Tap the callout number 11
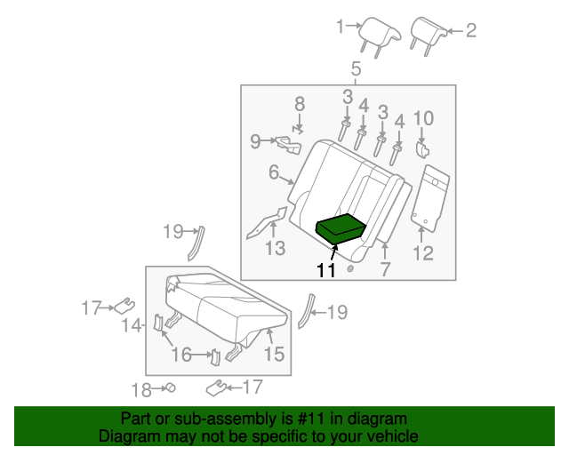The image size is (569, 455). [x=326, y=272]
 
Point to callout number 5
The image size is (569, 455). [x=355, y=69]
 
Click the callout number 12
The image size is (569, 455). [x=422, y=253]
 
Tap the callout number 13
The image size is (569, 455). [x=276, y=248]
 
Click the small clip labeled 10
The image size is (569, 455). [x=422, y=154]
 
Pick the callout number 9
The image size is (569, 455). [x=255, y=140]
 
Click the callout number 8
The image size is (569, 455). [x=300, y=103]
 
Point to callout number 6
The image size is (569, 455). [x=274, y=173]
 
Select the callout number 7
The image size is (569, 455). [x=384, y=269]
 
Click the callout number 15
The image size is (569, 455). [x=274, y=355]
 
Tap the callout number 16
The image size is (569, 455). [x=181, y=355]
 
